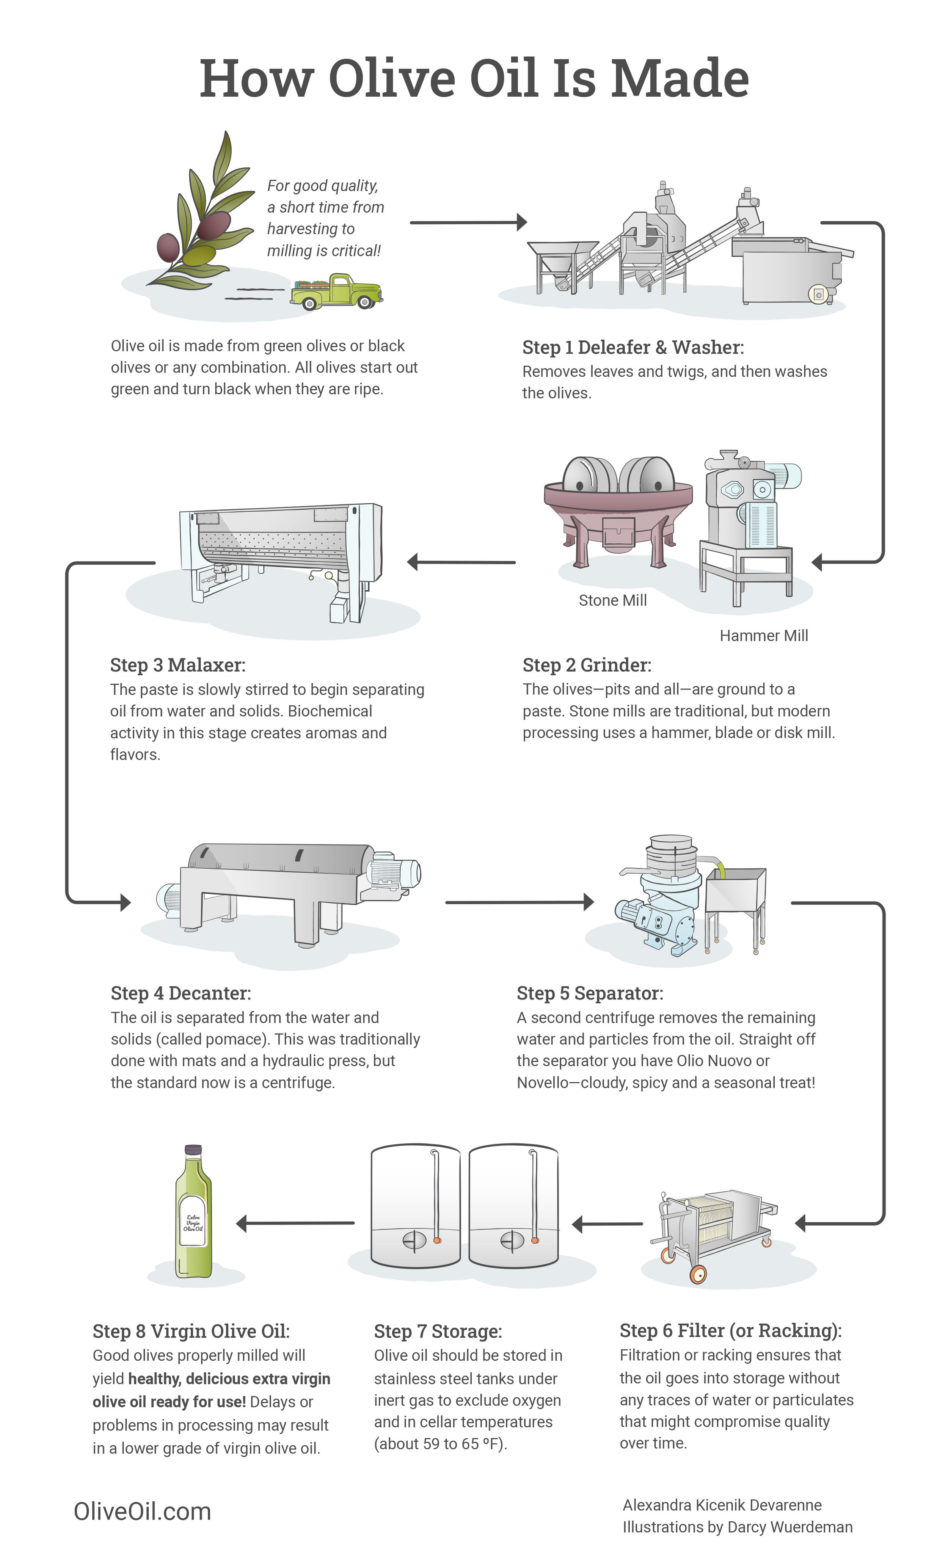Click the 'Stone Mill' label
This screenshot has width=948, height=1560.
(x=612, y=600)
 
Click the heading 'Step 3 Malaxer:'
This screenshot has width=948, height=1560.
(x=177, y=665)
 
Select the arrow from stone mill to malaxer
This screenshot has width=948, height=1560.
(x=461, y=562)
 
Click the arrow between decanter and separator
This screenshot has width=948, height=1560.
(x=519, y=902)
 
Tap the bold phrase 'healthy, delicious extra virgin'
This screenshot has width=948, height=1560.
(x=229, y=1379)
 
